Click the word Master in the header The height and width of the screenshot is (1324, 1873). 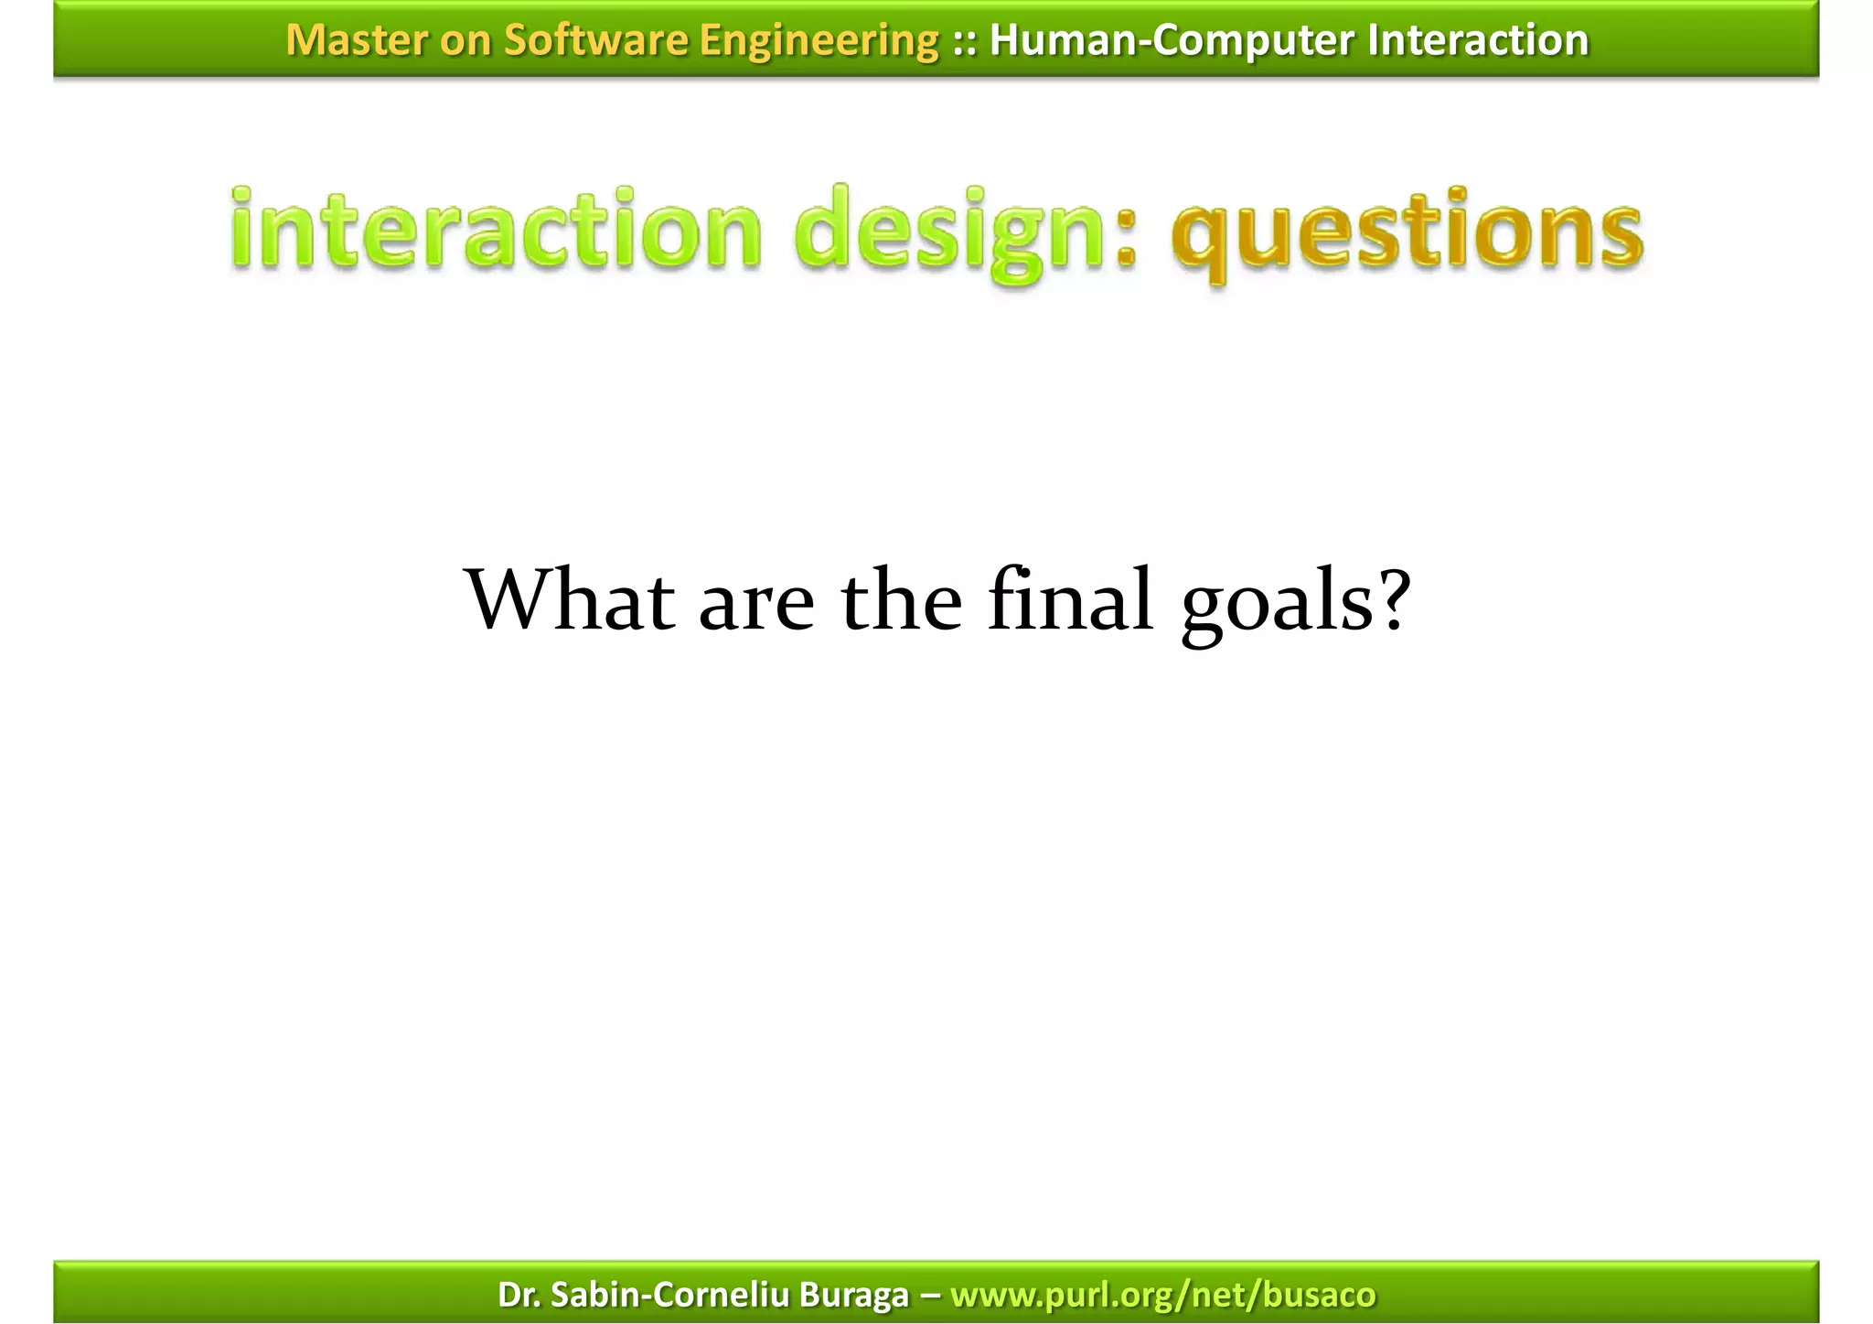355,40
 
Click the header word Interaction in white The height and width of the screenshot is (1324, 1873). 1478,40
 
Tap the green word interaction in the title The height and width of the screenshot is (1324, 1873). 495,229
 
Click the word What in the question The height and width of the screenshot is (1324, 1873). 572,600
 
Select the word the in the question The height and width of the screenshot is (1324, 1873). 902,600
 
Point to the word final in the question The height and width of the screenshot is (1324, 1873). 1070,600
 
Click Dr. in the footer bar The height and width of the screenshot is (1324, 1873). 518,1294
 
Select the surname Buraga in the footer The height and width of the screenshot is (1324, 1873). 853,1294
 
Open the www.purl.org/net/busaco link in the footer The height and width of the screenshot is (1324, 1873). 1162,1294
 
